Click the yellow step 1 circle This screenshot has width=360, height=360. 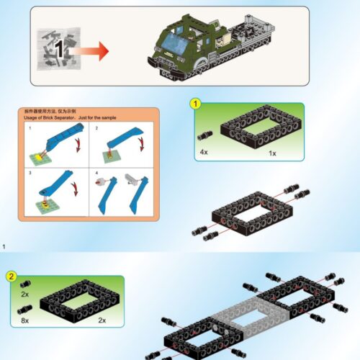tap(195, 103)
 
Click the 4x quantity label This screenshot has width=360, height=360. tap(204, 153)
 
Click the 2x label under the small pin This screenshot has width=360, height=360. tap(24, 294)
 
